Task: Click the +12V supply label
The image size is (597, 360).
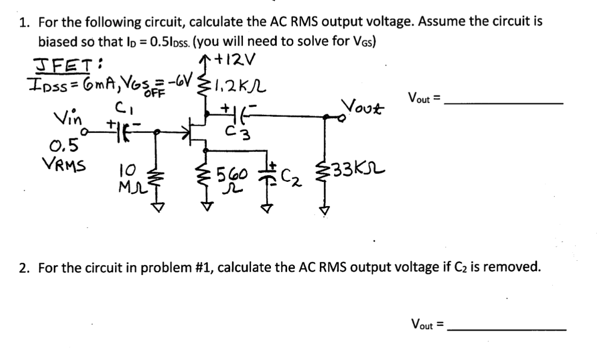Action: (x=235, y=60)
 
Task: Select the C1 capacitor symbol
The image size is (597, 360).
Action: (x=119, y=131)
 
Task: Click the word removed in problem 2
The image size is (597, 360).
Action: (x=513, y=267)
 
